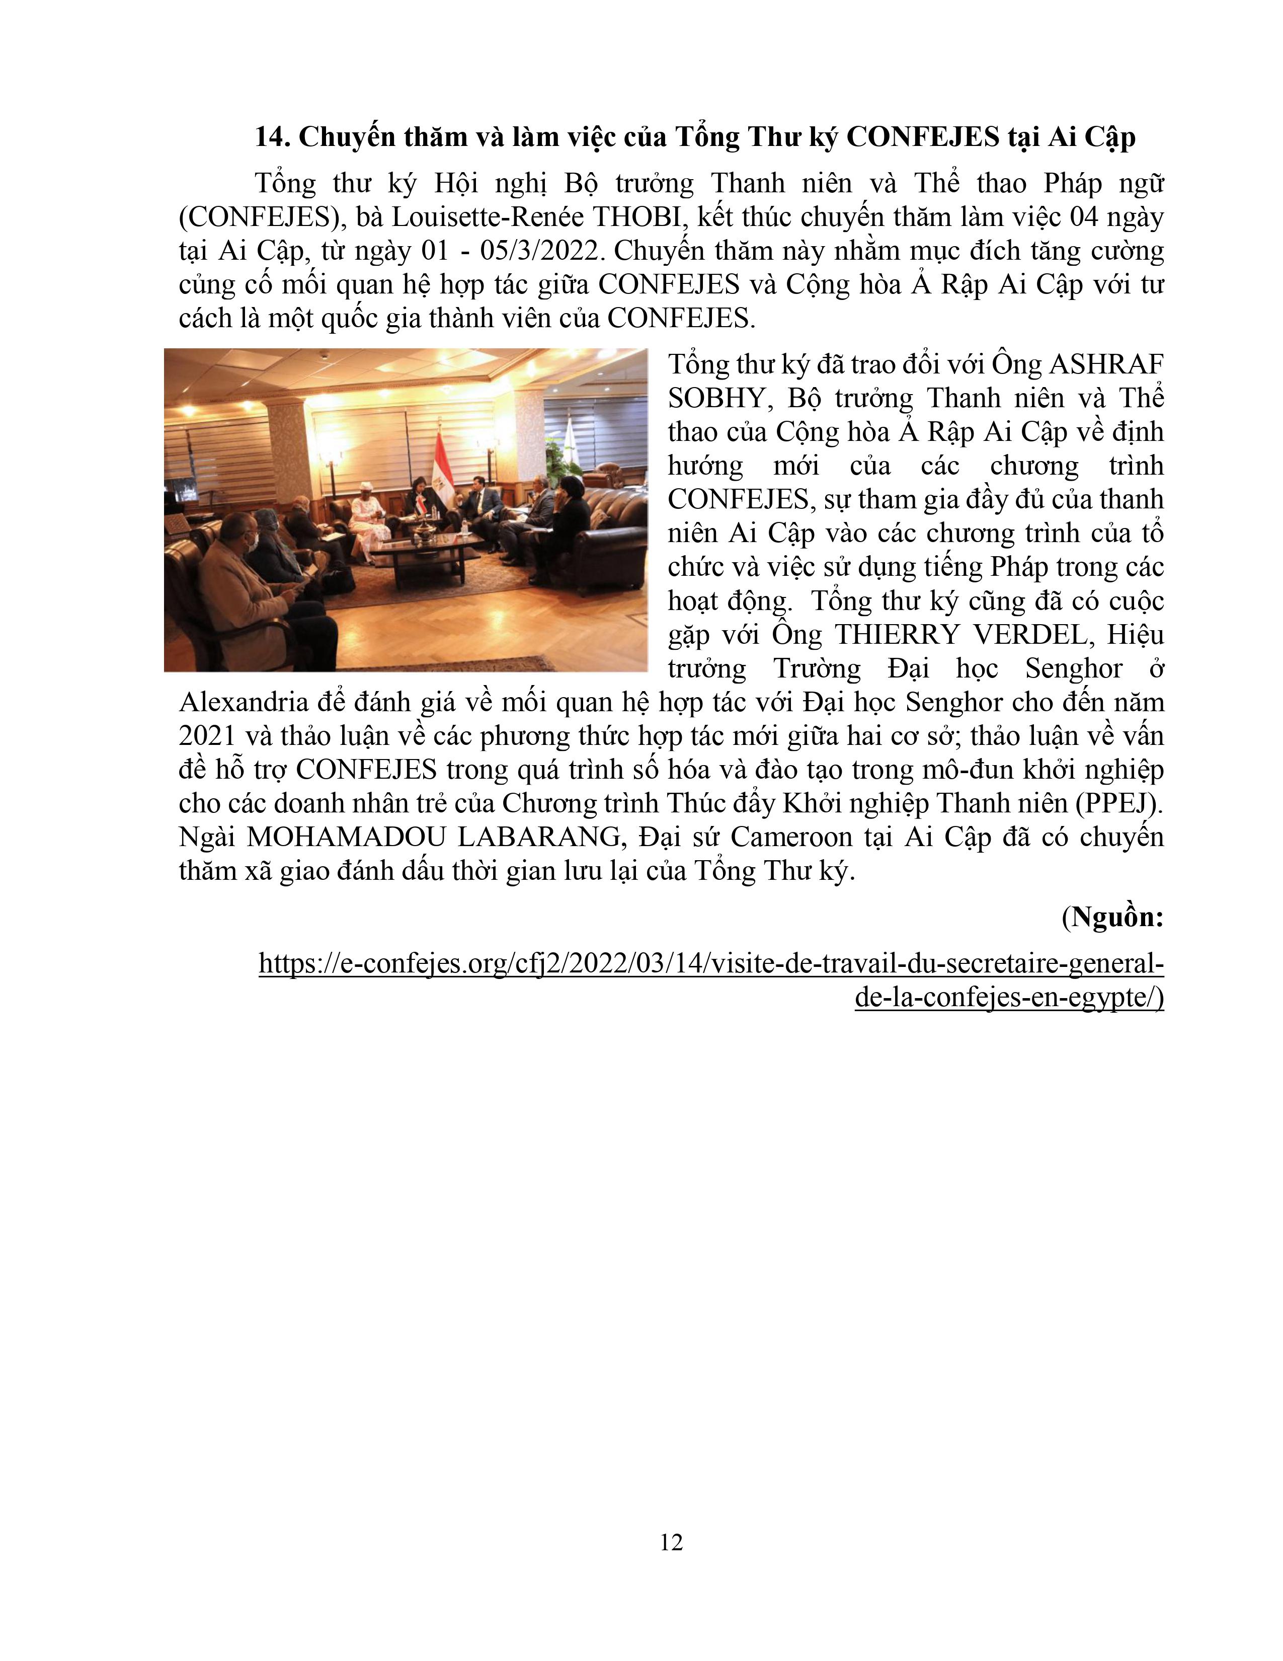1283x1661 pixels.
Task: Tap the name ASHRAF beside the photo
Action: (x=1107, y=365)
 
